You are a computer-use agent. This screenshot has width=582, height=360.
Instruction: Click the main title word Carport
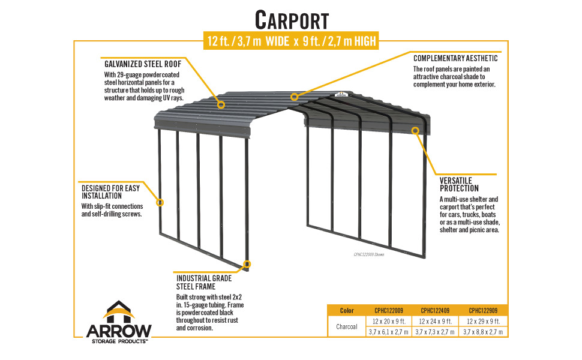click(x=292, y=19)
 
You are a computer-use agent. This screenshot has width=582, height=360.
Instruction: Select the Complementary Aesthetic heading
click(x=455, y=59)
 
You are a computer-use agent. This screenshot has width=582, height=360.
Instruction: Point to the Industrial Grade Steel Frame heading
click(x=204, y=283)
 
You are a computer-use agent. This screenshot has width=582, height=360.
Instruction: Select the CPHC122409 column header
click(x=436, y=311)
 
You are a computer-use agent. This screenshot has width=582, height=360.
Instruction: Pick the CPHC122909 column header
click(x=484, y=311)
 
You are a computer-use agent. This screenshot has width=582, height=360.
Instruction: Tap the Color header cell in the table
click(x=346, y=311)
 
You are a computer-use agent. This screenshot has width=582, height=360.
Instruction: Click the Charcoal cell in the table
click(x=346, y=326)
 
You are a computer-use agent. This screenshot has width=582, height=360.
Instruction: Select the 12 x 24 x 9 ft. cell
click(x=436, y=322)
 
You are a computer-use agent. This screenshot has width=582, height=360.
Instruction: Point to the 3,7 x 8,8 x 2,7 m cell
click(x=484, y=332)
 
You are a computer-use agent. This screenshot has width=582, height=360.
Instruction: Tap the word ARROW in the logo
click(x=119, y=331)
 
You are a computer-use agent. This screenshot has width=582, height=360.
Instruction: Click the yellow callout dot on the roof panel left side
click(x=221, y=104)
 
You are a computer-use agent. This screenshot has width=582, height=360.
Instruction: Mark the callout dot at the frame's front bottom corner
click(x=247, y=263)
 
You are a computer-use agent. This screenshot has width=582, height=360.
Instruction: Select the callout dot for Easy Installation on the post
click(x=160, y=202)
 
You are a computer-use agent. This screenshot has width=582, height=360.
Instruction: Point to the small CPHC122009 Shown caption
click(x=368, y=254)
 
